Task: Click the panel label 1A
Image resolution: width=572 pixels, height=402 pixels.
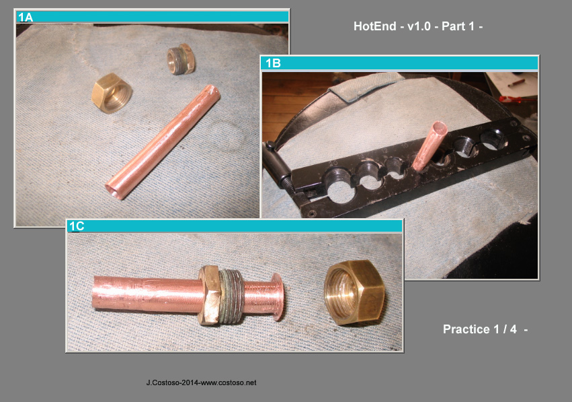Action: pos(26,18)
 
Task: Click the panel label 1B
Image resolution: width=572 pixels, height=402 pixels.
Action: pos(273,64)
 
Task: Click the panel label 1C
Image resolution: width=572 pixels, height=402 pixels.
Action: pos(77,227)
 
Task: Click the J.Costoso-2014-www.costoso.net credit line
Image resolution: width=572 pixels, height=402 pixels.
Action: pos(201,382)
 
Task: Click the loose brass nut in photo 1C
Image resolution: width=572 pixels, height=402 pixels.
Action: pos(354,292)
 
